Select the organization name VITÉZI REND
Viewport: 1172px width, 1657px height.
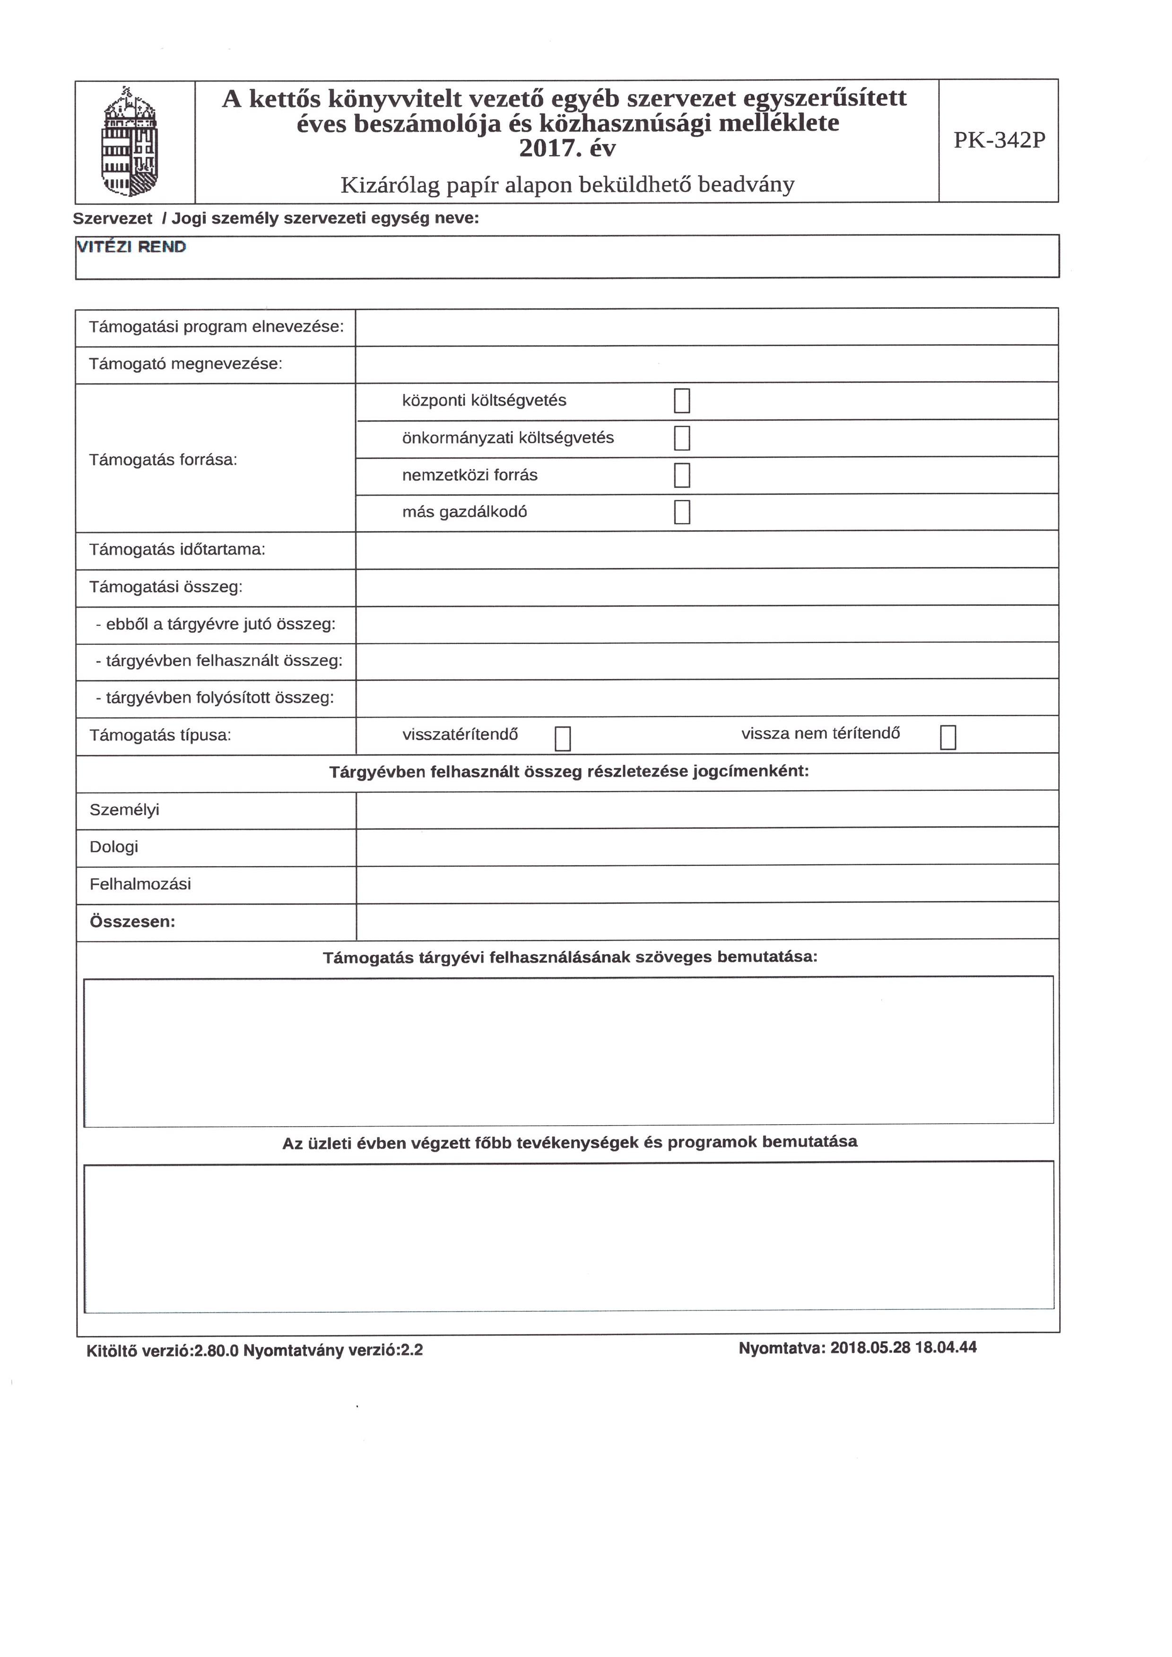click(131, 247)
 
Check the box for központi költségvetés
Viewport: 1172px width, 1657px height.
click(682, 401)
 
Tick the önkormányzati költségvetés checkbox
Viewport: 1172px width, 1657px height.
click(682, 438)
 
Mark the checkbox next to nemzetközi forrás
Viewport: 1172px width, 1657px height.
click(682, 475)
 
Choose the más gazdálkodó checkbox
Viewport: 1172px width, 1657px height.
click(682, 512)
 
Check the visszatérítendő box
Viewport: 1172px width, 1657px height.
click(563, 737)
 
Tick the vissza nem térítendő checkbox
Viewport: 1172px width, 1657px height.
click(948, 737)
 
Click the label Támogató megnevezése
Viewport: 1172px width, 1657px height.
click(186, 364)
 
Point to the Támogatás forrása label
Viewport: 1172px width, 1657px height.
click(163, 460)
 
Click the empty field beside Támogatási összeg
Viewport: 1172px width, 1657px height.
click(706, 587)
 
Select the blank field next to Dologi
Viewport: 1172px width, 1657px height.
click(706, 846)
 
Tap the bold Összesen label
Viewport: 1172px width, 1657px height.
click(132, 922)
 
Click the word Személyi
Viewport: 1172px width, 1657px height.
click(124, 810)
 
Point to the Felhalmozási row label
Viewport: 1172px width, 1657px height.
click(140, 884)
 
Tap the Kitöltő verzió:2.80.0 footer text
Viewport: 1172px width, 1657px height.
click(163, 1350)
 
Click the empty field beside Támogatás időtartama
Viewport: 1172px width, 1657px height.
click(706, 550)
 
